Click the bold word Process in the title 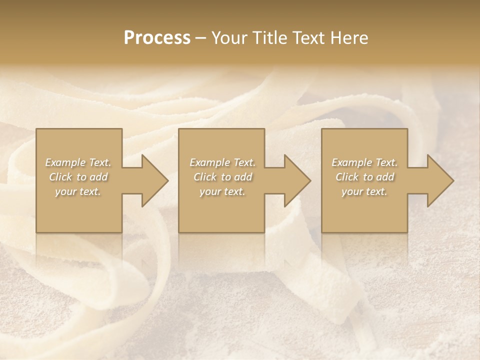pos(157,38)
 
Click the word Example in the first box pos(65,162)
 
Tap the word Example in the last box pos(351,162)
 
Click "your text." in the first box pos(78,191)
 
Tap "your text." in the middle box pos(222,191)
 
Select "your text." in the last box pos(364,191)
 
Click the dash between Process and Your pos(200,38)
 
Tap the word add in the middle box pos(243,177)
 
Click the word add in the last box pos(385,177)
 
